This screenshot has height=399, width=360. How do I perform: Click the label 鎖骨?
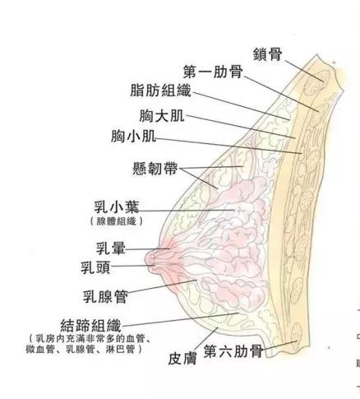(x=267, y=54)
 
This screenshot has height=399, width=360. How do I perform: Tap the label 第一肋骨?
(x=213, y=72)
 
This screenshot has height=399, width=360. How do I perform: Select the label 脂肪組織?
(x=160, y=90)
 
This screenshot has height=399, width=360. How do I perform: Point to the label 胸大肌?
(x=162, y=116)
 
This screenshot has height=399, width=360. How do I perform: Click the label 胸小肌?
(x=134, y=136)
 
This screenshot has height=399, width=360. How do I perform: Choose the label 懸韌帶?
(x=155, y=169)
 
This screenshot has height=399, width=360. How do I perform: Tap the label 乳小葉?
(x=117, y=207)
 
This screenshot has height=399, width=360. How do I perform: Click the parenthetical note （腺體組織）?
(x=117, y=221)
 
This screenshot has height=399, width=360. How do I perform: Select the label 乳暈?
(x=111, y=248)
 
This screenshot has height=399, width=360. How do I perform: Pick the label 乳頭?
(x=95, y=267)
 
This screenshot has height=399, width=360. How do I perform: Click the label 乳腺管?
(x=105, y=296)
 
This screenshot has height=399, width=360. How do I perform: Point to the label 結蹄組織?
(x=90, y=326)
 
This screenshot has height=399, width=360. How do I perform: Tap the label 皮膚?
(x=182, y=358)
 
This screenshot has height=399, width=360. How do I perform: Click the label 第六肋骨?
(x=233, y=351)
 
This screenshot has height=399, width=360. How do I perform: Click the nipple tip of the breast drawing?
(x=146, y=259)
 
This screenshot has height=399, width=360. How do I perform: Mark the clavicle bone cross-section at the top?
(x=317, y=82)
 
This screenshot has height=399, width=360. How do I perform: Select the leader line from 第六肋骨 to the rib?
(x=280, y=345)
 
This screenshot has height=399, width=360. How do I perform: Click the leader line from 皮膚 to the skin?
(x=206, y=338)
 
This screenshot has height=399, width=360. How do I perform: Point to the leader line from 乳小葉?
(x=187, y=211)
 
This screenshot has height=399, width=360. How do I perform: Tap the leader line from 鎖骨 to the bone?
(x=304, y=71)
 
